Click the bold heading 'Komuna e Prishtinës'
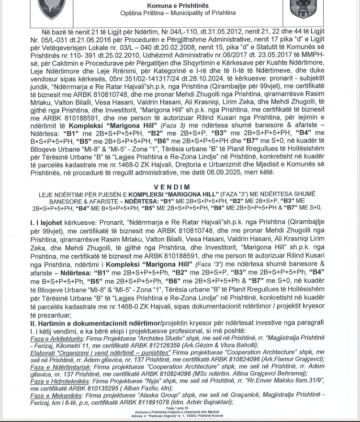(x=178, y=5)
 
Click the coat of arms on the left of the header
(x=51, y=8)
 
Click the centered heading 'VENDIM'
(x=172, y=187)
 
